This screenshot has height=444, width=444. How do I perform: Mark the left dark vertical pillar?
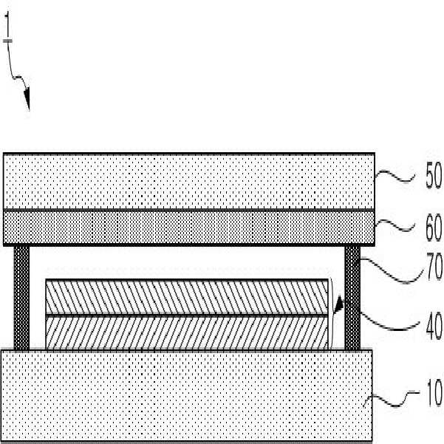pos(22,297)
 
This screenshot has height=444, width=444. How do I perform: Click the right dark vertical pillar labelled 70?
pos(352,297)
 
